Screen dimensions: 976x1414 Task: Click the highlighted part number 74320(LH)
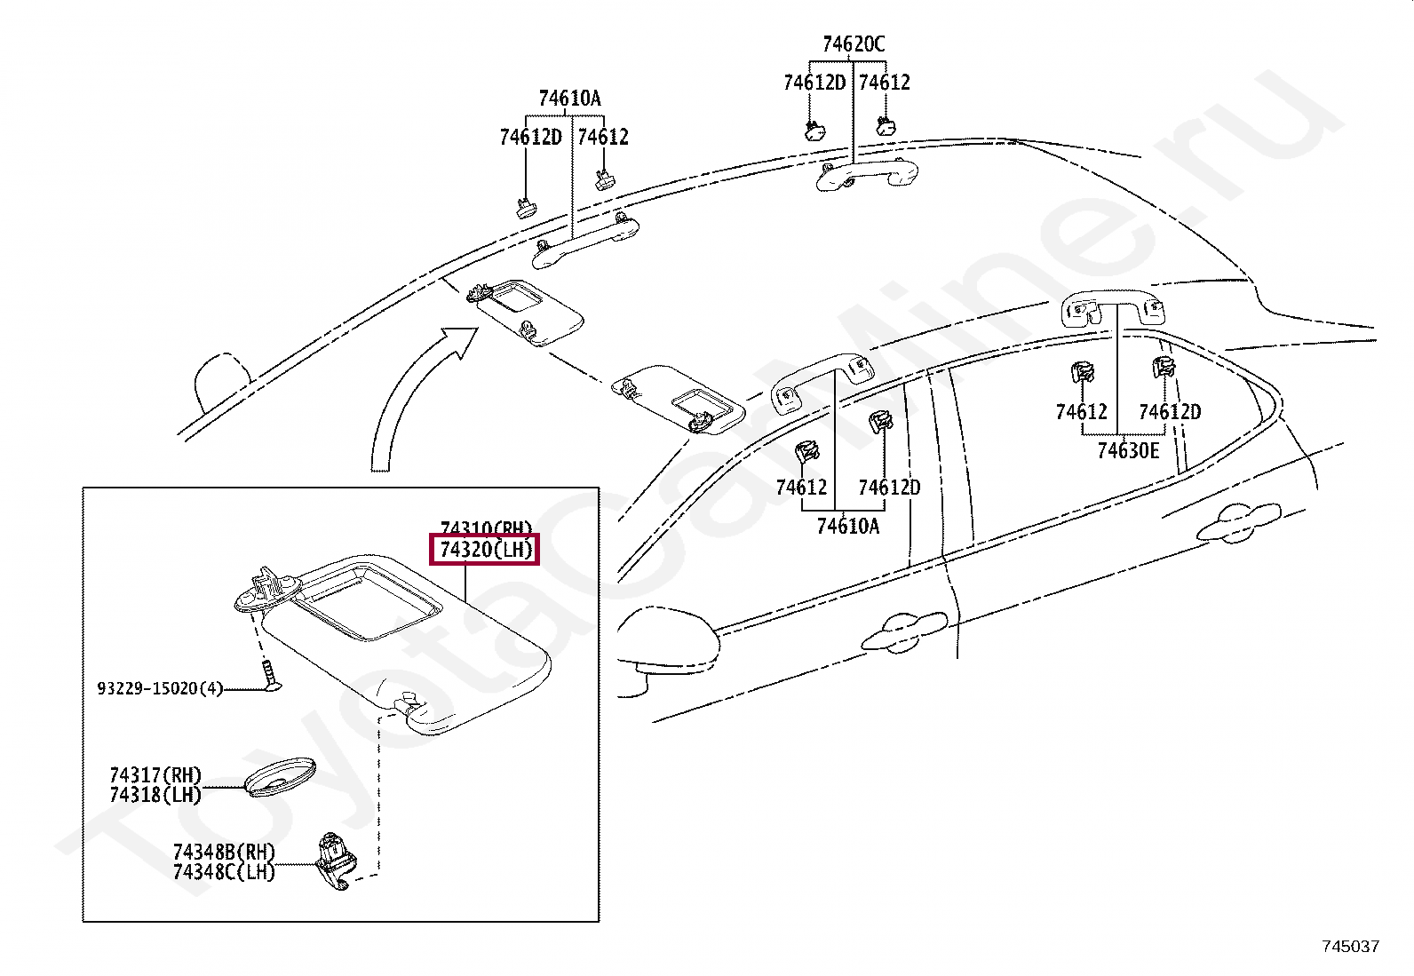click(485, 550)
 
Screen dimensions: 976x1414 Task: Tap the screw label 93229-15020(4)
click(160, 688)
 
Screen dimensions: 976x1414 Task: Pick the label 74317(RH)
click(155, 775)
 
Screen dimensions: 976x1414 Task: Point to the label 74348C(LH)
click(224, 872)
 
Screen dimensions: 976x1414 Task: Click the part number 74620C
click(853, 44)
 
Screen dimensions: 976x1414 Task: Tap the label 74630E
click(1128, 451)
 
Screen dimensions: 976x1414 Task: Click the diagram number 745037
click(1350, 947)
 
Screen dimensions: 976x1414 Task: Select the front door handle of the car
click(906, 627)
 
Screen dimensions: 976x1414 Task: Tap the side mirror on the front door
click(666, 639)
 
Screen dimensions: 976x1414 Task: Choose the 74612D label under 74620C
click(814, 83)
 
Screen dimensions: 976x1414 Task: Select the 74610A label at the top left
click(569, 99)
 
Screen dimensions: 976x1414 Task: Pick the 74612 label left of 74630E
click(1081, 412)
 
